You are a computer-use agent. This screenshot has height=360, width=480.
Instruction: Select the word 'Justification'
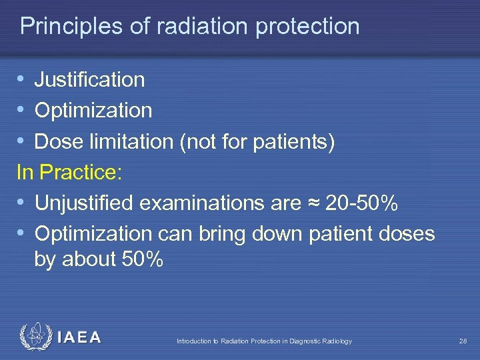[x=89, y=80]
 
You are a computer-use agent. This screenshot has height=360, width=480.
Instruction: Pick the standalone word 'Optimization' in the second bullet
[x=93, y=111]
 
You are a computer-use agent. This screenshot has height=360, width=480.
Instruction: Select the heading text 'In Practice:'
[x=69, y=173]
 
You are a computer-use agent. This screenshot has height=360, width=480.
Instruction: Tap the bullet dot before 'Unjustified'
[x=21, y=203]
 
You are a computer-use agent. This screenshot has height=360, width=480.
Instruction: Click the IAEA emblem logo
[x=35, y=337]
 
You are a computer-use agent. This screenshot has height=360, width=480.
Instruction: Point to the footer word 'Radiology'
[x=337, y=341]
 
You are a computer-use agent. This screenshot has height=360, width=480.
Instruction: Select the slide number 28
[x=463, y=341]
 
